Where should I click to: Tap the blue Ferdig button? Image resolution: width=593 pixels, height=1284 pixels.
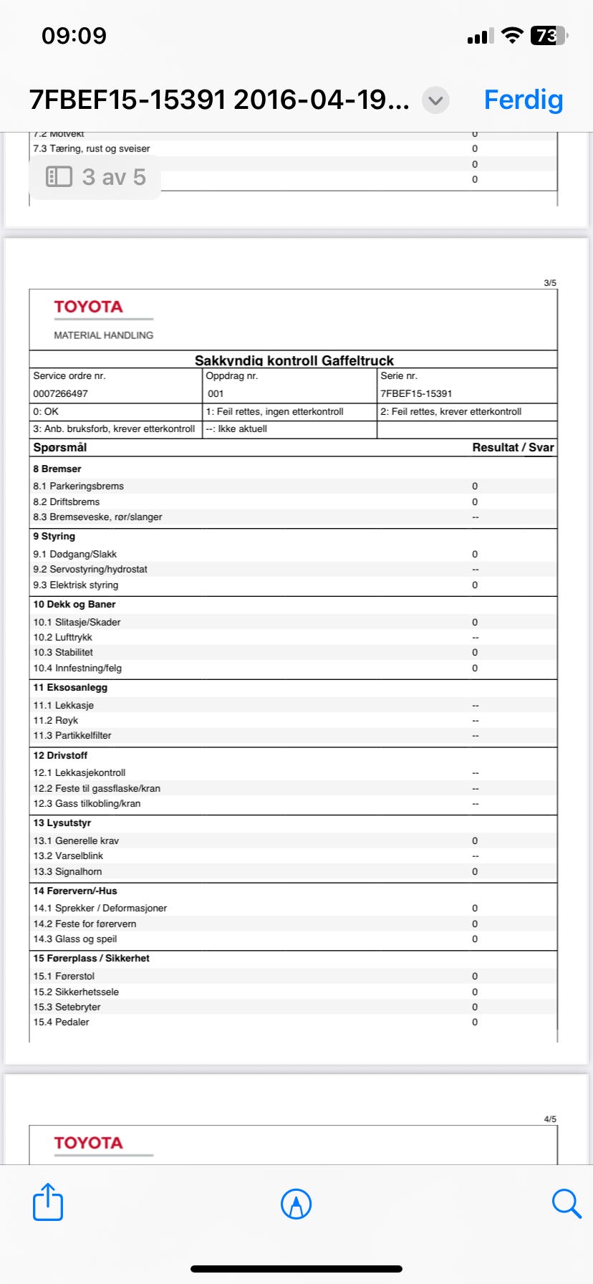(x=524, y=100)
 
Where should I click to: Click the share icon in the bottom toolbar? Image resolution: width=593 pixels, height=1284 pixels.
(x=48, y=1202)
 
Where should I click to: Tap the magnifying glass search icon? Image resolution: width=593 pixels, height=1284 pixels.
(x=566, y=1203)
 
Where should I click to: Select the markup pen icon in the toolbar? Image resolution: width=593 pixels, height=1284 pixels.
(x=296, y=1204)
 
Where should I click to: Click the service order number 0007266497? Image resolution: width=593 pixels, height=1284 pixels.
(x=60, y=393)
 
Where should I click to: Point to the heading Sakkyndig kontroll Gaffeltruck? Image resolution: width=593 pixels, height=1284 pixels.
(x=294, y=360)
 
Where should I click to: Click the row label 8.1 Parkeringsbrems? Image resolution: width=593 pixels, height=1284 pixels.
(x=78, y=486)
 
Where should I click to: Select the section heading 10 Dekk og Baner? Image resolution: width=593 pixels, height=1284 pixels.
(x=74, y=604)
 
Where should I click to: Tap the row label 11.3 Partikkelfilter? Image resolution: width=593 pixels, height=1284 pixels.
(x=72, y=735)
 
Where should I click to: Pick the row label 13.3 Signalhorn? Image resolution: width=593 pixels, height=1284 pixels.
(x=67, y=871)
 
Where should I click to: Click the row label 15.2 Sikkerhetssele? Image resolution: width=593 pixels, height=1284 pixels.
(x=76, y=992)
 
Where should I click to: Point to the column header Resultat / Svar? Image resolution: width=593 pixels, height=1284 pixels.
(x=513, y=447)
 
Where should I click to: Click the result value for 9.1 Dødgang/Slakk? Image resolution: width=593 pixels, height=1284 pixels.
(x=475, y=554)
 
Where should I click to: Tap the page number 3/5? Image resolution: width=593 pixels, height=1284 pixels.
(x=550, y=283)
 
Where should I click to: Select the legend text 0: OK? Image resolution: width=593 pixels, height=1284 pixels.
(x=46, y=411)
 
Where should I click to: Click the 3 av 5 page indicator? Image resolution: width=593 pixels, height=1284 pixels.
(x=95, y=177)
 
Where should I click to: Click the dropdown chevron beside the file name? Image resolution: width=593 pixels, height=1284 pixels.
(x=435, y=100)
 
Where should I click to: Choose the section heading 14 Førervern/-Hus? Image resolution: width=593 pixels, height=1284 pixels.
(x=75, y=891)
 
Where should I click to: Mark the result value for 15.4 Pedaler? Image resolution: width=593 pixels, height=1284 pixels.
(x=475, y=1022)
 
